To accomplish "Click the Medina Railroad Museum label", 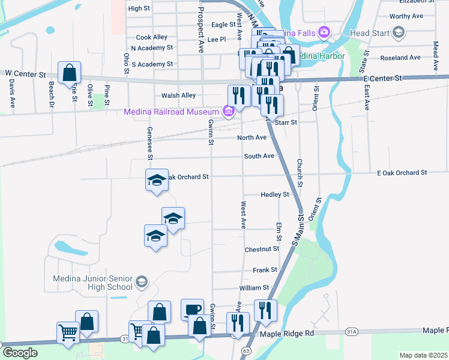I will [171, 112].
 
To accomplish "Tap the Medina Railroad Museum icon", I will [228, 112].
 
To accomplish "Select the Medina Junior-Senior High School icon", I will [141, 281].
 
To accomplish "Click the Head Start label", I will [369, 34].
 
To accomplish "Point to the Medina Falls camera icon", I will [324, 31].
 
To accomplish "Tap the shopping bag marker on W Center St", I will [70, 73].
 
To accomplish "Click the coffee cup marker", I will [192, 310].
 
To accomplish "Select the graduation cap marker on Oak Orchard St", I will [157, 179].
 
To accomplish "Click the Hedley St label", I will [275, 194].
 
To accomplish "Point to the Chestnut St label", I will [262, 248].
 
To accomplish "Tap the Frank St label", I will [265, 270].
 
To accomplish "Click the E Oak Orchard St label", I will [402, 172].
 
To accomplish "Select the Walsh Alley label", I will [178, 95].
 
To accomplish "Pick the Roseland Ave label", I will [401, 58].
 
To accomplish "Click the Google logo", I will [20, 353].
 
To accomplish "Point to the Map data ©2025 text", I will [424, 355].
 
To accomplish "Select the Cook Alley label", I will [151, 37].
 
